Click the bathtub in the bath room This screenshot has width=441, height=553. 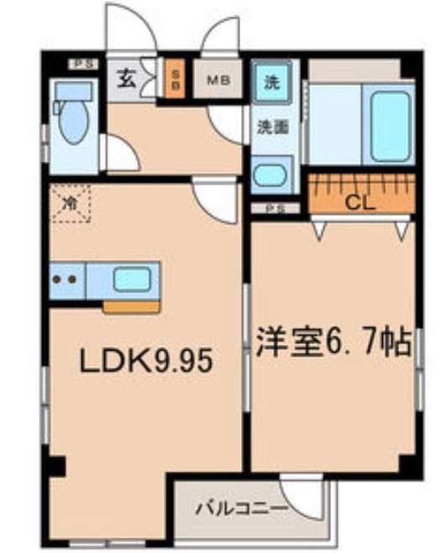coord(389,126)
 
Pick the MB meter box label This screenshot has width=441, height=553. coord(218,82)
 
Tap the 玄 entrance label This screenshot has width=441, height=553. coord(127,81)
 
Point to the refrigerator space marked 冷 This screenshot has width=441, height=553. coord(71,204)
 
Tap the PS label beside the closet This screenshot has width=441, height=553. coord(273,208)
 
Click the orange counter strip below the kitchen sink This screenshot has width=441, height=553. coord(130,306)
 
